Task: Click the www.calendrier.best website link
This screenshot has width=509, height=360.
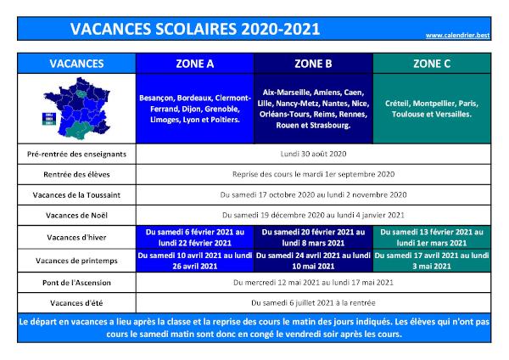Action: click(x=457, y=35)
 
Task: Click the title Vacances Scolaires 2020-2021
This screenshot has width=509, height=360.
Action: click(x=195, y=29)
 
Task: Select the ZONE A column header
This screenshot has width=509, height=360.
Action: click(x=195, y=64)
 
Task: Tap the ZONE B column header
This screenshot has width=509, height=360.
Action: click(x=313, y=64)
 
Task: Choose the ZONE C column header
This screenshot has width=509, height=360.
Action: click(x=432, y=64)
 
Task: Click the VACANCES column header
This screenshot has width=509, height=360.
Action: click(x=76, y=64)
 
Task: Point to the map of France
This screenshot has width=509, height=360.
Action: click(x=77, y=109)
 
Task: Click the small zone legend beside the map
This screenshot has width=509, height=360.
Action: click(x=49, y=119)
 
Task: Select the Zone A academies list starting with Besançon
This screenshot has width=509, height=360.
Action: click(x=195, y=109)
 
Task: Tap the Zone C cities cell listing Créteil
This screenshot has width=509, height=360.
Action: click(x=432, y=109)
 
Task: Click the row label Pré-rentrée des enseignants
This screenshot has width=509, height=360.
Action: click(x=76, y=154)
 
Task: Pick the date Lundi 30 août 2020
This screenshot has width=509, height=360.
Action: click(x=313, y=154)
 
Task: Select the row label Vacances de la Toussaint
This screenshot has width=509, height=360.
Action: click(x=76, y=195)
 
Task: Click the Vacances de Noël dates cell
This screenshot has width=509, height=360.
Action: click(x=313, y=215)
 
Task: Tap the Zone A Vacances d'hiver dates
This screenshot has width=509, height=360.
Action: click(x=195, y=238)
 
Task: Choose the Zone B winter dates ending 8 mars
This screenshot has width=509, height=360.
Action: click(x=313, y=238)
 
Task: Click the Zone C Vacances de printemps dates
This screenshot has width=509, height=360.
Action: click(x=432, y=261)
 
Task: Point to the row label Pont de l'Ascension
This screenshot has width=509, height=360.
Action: click(x=76, y=283)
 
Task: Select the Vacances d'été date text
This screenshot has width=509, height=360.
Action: click(x=313, y=303)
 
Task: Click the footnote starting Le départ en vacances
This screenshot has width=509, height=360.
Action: click(x=255, y=328)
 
